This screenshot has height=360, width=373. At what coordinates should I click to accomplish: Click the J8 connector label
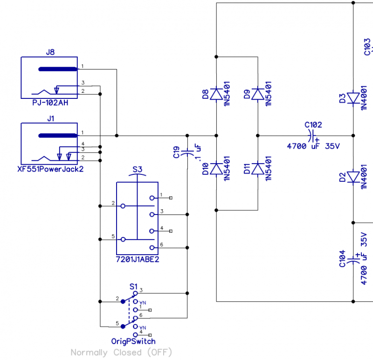(x=50, y=52)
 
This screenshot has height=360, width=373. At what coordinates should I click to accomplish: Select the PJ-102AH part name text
(x=50, y=103)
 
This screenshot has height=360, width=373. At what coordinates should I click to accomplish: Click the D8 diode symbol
(x=216, y=94)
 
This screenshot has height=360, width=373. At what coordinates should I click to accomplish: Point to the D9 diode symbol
(x=257, y=94)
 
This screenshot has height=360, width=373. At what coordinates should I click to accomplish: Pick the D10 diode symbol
(x=216, y=168)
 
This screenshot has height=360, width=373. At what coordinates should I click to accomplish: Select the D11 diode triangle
(x=257, y=168)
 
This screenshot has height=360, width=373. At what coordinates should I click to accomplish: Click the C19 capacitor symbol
(x=187, y=152)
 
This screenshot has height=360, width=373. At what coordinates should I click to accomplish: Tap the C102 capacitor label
(x=313, y=125)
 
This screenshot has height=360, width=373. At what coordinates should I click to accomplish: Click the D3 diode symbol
(x=353, y=98)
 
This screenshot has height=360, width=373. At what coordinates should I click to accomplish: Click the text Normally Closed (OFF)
(x=121, y=352)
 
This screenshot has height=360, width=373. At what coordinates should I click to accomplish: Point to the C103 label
(x=367, y=47)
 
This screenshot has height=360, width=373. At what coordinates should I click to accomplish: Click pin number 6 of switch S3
(x=161, y=244)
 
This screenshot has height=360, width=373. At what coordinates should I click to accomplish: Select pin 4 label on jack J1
(x=83, y=144)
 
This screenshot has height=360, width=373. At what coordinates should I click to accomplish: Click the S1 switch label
(x=133, y=286)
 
